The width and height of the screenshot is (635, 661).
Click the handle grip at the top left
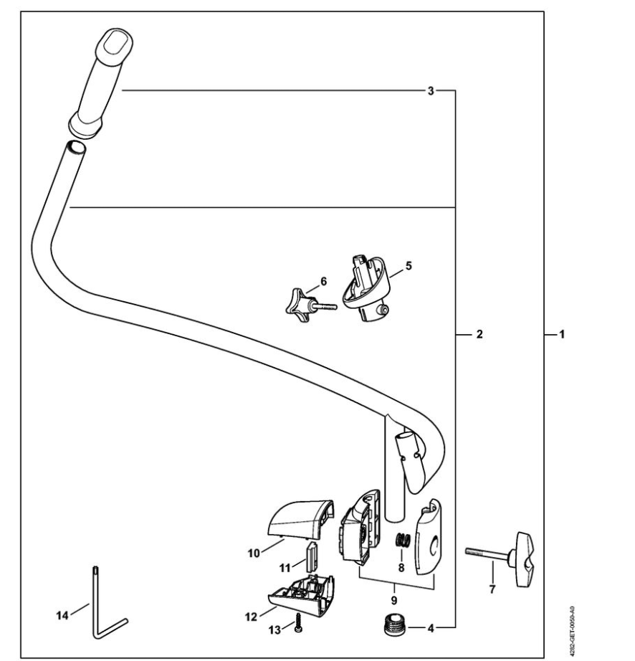(100, 82)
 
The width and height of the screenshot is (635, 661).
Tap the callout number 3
(430, 90)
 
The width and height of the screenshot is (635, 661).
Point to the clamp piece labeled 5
(366, 288)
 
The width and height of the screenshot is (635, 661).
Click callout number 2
(479, 334)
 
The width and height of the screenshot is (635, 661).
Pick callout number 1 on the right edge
(561, 334)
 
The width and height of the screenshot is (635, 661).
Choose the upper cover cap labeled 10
(300, 519)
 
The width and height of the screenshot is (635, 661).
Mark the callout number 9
(394, 600)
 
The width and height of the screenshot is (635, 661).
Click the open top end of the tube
(76, 148)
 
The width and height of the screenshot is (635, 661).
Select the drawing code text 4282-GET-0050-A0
(571, 629)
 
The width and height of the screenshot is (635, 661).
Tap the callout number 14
(62, 616)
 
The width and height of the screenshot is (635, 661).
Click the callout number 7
(492, 589)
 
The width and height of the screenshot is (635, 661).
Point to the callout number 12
(251, 617)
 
